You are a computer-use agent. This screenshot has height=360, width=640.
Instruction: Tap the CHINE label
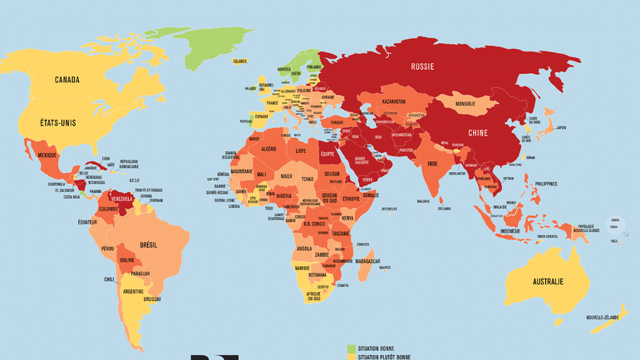[479, 132]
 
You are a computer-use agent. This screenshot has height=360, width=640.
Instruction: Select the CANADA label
[67, 80]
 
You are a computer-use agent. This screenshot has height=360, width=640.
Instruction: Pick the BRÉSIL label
[150, 245]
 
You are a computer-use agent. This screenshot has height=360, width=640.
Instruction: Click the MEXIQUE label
[47, 155]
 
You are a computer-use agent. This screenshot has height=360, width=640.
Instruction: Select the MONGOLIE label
[472, 104]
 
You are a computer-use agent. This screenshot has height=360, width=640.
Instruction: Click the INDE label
[432, 164]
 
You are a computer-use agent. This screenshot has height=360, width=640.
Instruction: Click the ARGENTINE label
[133, 292]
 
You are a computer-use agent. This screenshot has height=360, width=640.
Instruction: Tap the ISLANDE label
[240, 61]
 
